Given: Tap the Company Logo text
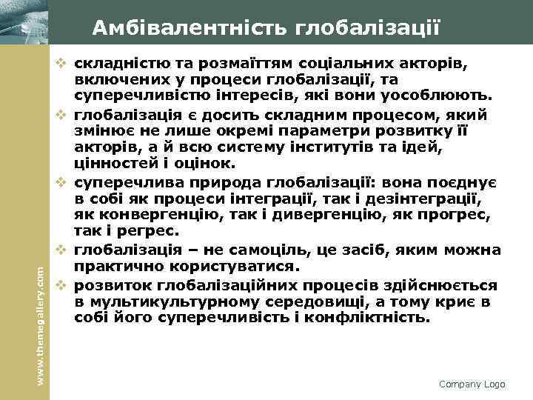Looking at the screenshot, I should [472, 384].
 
